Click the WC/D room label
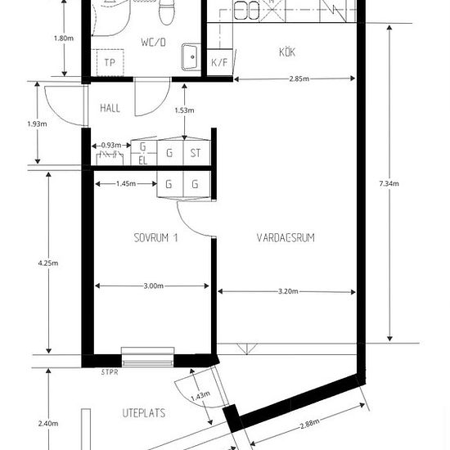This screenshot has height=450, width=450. coord(153,43)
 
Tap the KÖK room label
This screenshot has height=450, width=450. coord(287,52)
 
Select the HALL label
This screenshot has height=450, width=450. coord(110,108)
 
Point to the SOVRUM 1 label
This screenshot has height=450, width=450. coord(155,237)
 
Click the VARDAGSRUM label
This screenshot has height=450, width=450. coord(286,237)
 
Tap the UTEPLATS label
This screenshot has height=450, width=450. coord(144,413)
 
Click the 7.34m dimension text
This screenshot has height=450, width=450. coord(389,183)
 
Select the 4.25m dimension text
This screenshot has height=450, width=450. coord(48,263)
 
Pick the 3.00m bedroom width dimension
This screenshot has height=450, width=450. coord(154,286)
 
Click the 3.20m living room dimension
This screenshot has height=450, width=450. coord(288,291)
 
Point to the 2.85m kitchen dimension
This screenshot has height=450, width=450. coord(299,79)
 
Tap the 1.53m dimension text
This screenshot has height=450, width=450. coord(184,110)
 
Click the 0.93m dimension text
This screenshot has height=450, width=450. coord(111,145)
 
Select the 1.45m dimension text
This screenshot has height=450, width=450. coord(126,183)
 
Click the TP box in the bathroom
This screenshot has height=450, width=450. coord(110,62)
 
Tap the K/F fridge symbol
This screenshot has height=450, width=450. coord(219,62)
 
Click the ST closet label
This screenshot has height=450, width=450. coord(196,153)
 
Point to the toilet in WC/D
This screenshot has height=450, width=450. coord(167,12)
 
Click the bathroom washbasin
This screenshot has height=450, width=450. coord(191,57)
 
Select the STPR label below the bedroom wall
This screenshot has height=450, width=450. coord(110,372)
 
